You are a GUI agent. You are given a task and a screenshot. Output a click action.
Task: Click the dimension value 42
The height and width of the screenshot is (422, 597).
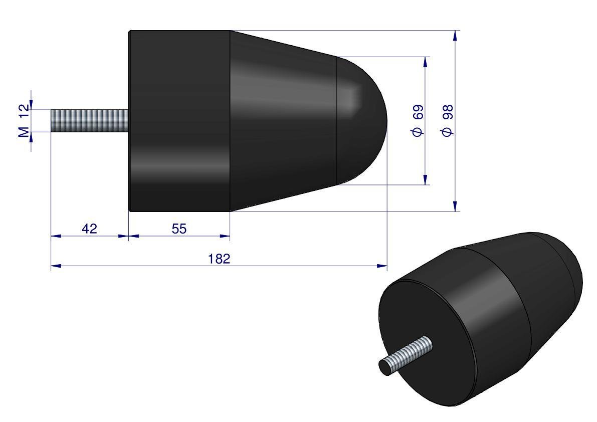(89, 229)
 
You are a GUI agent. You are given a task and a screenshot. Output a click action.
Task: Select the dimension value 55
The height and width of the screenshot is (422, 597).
(179, 229)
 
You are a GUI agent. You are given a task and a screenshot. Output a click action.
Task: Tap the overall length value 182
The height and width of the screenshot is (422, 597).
(219, 259)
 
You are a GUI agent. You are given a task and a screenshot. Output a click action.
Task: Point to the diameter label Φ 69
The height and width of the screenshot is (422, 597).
(417, 121)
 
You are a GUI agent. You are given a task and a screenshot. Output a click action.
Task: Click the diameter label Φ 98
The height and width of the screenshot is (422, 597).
(447, 121)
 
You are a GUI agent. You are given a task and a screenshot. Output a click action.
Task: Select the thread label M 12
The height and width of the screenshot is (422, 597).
(24, 121)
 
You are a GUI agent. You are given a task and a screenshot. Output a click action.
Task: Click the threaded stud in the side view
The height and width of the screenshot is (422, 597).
(89, 121)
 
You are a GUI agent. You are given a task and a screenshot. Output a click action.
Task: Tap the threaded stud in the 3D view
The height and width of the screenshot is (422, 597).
(406, 356)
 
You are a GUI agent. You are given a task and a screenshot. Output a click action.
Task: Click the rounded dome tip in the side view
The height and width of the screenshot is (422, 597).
(362, 121)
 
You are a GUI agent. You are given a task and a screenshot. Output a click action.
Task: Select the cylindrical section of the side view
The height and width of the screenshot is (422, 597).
(180, 121)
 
